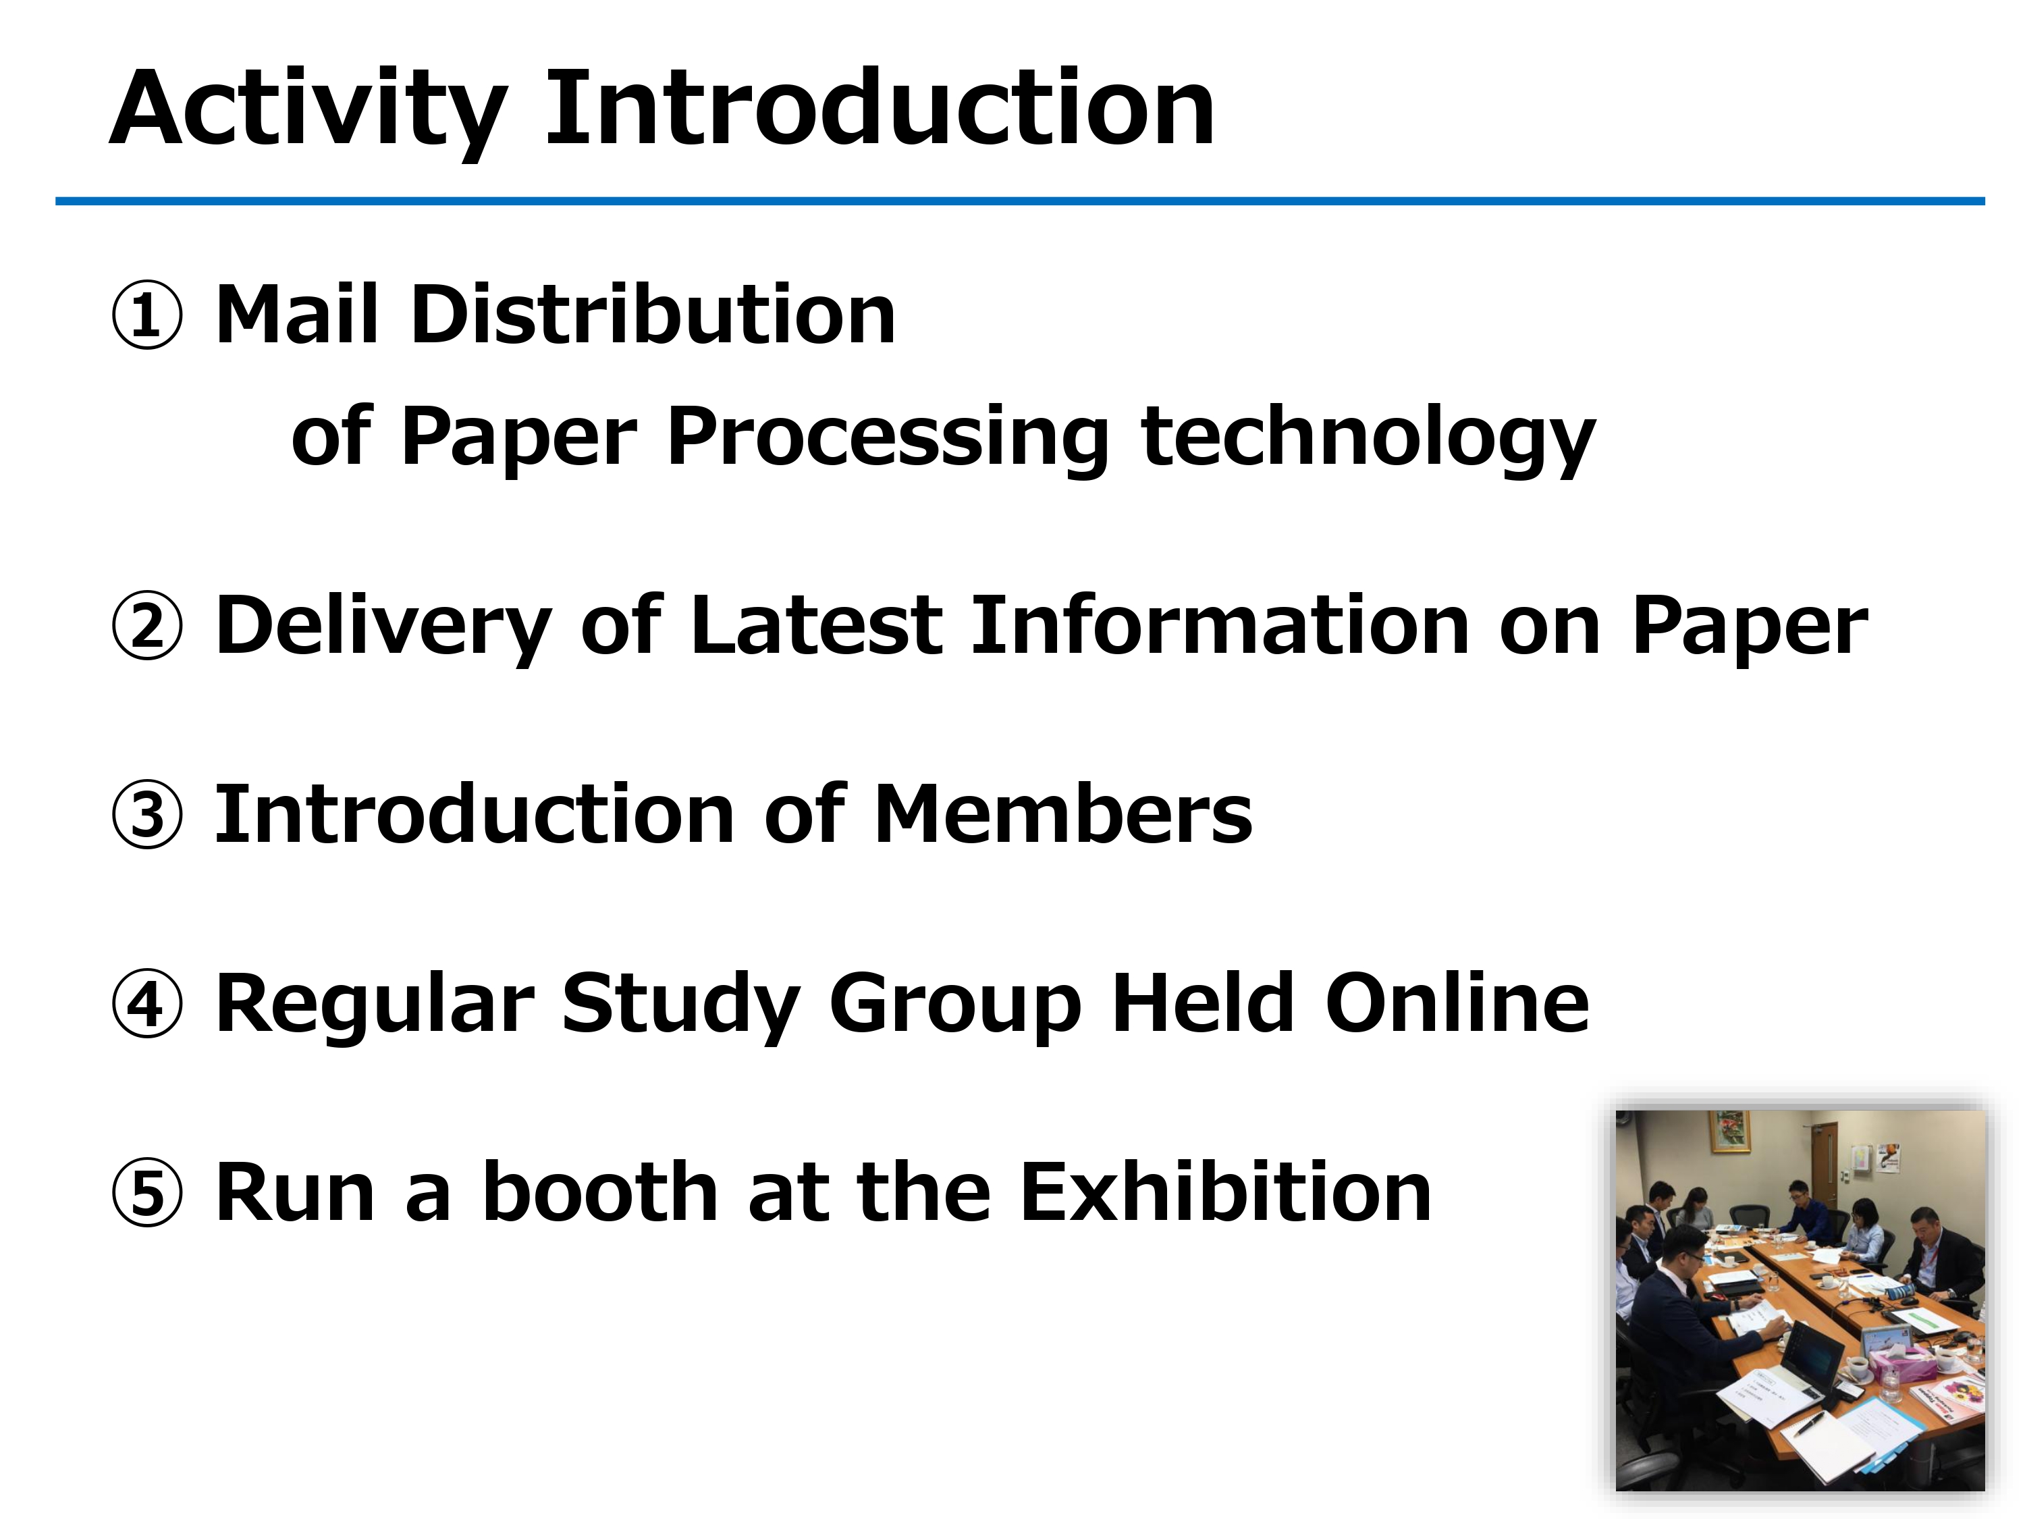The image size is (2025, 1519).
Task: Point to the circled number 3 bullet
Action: [146, 815]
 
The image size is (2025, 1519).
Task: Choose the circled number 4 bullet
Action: [146, 1005]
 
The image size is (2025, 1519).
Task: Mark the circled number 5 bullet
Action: [146, 1193]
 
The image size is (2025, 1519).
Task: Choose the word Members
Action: [1063, 814]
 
